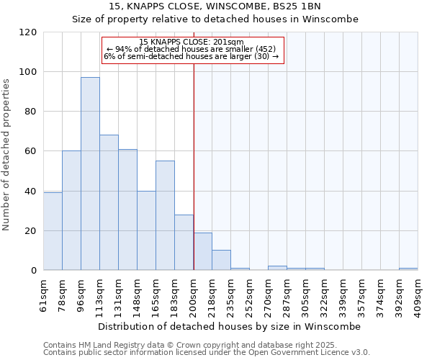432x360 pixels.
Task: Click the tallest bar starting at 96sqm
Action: (90, 174)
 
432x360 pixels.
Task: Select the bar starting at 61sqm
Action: (53, 231)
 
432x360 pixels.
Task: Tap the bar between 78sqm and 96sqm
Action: (71, 210)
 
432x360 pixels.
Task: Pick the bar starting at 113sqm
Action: (109, 202)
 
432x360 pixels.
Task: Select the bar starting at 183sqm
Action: (184, 242)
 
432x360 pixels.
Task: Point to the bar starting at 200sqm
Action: (202, 251)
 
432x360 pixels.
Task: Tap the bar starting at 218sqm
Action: (221, 260)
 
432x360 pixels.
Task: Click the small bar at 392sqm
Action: (408, 269)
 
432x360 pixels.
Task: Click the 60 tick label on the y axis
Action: (31, 151)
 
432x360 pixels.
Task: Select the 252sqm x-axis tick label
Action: (249, 294)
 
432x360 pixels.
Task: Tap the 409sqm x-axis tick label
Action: (418, 294)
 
